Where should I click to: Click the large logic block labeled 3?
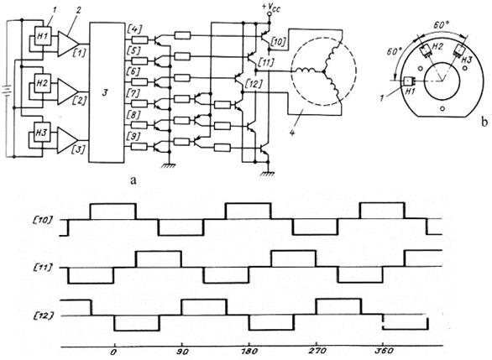107,92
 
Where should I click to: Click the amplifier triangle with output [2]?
67,91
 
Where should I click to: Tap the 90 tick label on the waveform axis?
182,352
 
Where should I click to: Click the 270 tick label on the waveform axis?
317,352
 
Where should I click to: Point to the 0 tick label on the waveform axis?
114,352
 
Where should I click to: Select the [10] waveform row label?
42,220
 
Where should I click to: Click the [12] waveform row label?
42,316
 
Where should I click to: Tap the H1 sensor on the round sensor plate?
409,81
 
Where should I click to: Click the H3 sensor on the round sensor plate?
460,50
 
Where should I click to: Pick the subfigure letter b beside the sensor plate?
484,122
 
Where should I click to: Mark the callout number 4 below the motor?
292,132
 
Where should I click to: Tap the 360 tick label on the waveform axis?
384,352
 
